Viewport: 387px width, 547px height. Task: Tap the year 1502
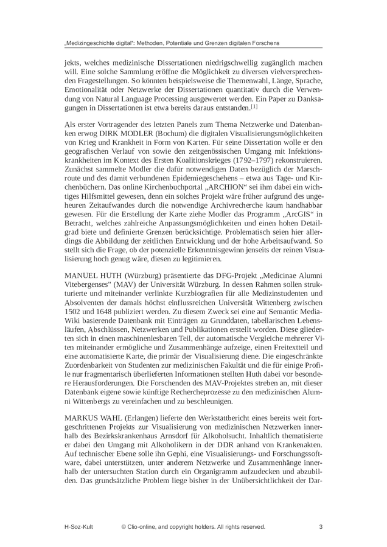click(73, 317)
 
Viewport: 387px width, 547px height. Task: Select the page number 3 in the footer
click(321, 527)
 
